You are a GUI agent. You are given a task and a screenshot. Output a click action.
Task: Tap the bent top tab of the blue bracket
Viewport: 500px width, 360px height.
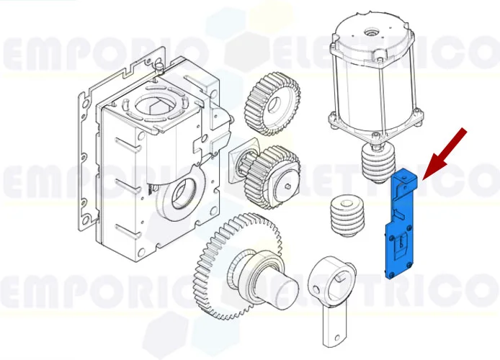click(x=407, y=177)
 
